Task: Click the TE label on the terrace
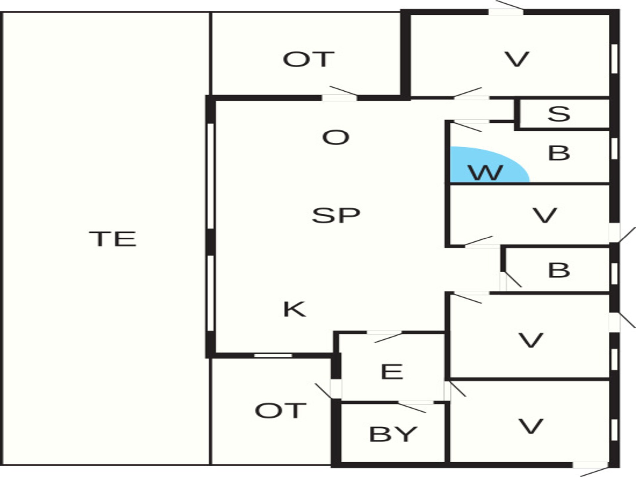[113, 239]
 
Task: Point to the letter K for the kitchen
[294, 309]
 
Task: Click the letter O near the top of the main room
[336, 137]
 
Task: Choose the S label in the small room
[559, 114]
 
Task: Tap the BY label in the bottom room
[393, 434]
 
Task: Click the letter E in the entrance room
[392, 371]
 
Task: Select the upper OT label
[308, 59]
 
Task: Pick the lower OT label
[280, 411]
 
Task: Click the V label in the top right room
[517, 59]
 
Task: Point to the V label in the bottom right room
[531, 426]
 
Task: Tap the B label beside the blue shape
[559, 153]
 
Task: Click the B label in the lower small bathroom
[559, 270]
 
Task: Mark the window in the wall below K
[273, 356]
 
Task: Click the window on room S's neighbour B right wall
[614, 148]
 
